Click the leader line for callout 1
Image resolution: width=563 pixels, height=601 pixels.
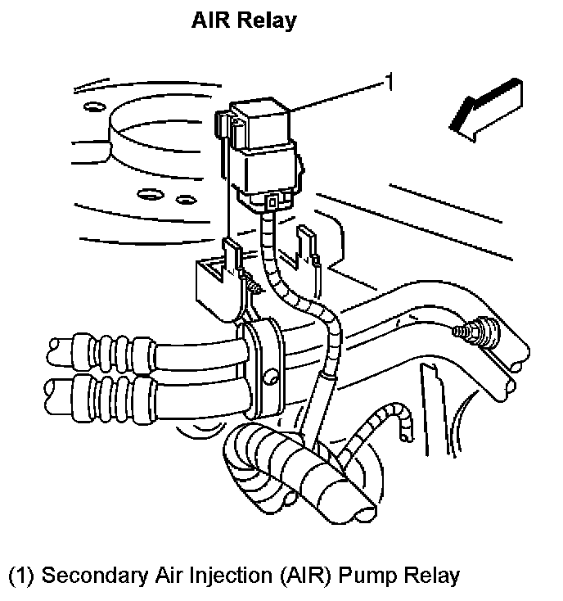[336, 97]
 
